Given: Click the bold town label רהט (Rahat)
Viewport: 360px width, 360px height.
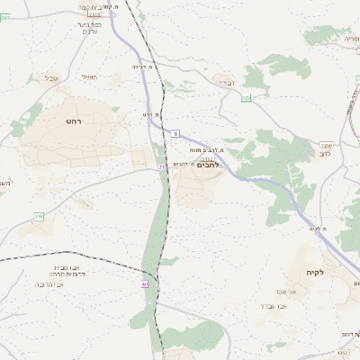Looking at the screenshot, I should [x=74, y=120].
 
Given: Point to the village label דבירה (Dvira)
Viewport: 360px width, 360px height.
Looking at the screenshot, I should [x=225, y=83].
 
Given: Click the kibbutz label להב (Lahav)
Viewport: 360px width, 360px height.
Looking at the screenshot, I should [x=325, y=154].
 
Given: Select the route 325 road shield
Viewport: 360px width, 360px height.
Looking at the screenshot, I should [x=245, y=97].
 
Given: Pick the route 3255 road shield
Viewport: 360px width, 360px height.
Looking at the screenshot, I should [x=325, y=144].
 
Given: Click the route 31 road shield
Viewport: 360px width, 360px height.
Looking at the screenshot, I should [x=161, y=166].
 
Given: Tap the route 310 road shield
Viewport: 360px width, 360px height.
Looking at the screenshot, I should [x=39, y=217].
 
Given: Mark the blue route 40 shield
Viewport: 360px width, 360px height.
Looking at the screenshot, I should [x=144, y=284].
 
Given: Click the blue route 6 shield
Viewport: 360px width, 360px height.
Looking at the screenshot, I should [x=176, y=132].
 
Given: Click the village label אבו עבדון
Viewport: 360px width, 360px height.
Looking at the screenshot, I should [x=294, y=307].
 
